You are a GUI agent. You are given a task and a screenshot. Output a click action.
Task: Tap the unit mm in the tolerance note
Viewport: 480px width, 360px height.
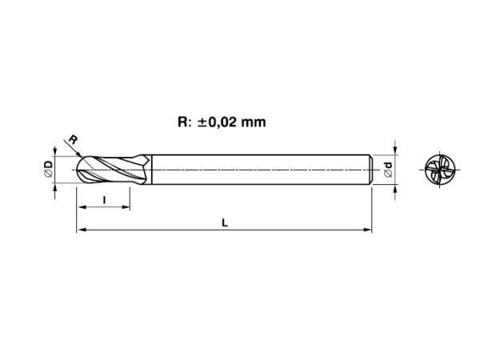point(254,122)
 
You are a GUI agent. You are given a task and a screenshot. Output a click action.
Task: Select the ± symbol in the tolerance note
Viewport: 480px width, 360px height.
point(202,122)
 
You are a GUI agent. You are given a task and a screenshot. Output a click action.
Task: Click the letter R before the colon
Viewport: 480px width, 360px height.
point(182,122)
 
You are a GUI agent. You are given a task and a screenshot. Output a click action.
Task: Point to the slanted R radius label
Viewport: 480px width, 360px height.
point(73,139)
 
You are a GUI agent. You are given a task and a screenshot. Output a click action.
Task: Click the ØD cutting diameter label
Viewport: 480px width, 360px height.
point(48,170)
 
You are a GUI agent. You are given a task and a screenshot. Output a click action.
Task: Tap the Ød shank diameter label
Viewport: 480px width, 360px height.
point(388,170)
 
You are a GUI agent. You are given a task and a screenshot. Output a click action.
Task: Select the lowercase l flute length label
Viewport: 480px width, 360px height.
point(104,200)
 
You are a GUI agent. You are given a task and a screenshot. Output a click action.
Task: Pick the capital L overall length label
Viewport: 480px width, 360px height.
point(225,222)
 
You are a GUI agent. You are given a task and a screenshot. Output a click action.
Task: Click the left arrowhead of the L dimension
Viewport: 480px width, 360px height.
point(81,230)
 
